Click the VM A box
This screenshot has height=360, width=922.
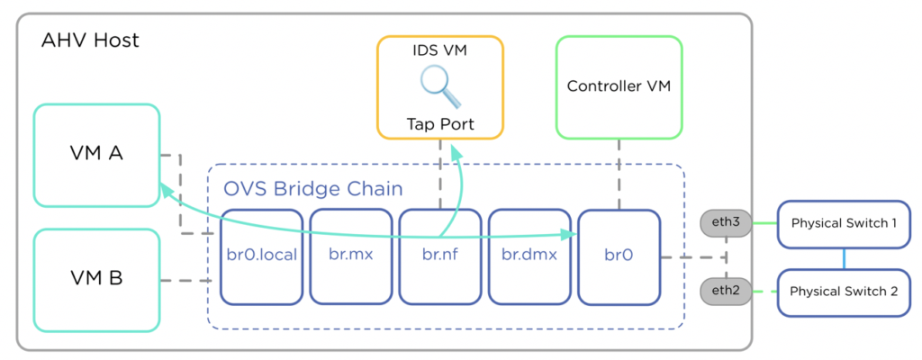click(x=95, y=154)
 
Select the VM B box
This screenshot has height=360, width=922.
click(x=95, y=279)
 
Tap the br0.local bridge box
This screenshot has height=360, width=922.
click(x=261, y=256)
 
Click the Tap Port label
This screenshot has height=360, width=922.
click(x=439, y=123)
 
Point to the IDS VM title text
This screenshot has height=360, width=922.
click(x=439, y=51)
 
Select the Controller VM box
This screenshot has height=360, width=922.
click(x=619, y=86)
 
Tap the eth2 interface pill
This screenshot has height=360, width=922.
click(x=725, y=292)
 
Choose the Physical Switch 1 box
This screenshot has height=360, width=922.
click(x=843, y=224)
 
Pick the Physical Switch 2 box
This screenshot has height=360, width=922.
click(x=843, y=292)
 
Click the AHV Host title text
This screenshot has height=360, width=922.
click(x=90, y=40)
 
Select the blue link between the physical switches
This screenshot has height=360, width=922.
click(x=843, y=258)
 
